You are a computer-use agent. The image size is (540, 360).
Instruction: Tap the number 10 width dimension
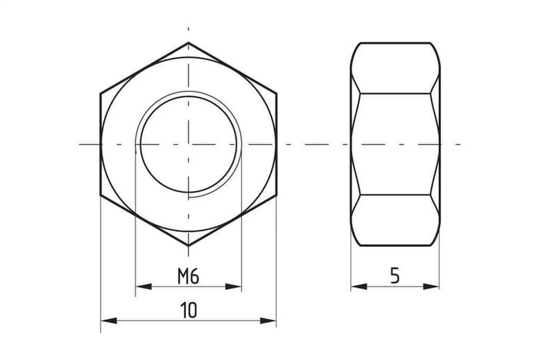tap(189, 310)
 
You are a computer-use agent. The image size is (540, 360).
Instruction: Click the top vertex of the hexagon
tap(188, 42)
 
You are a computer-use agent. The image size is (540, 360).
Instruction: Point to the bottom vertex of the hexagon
tap(188, 246)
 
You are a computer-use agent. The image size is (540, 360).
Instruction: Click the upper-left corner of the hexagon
tap(100, 93)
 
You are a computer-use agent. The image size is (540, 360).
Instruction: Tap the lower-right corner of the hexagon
tap(277, 195)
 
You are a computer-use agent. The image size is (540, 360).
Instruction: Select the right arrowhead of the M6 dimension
tap(233, 287)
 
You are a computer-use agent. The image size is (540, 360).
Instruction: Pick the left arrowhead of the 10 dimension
tap(109, 321)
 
